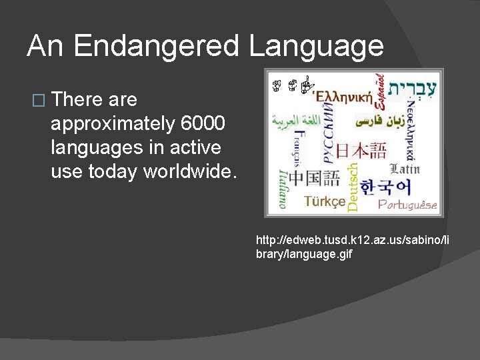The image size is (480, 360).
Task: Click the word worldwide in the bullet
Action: [x=189, y=171]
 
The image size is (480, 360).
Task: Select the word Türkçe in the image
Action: [x=325, y=201]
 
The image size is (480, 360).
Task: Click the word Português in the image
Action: [x=407, y=204]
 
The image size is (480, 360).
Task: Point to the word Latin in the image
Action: [x=404, y=169]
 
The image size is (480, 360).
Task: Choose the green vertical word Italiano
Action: [x=283, y=188]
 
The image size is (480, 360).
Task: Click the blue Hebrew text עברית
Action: [x=414, y=90]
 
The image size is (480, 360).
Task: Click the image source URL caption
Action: [x=353, y=247]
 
